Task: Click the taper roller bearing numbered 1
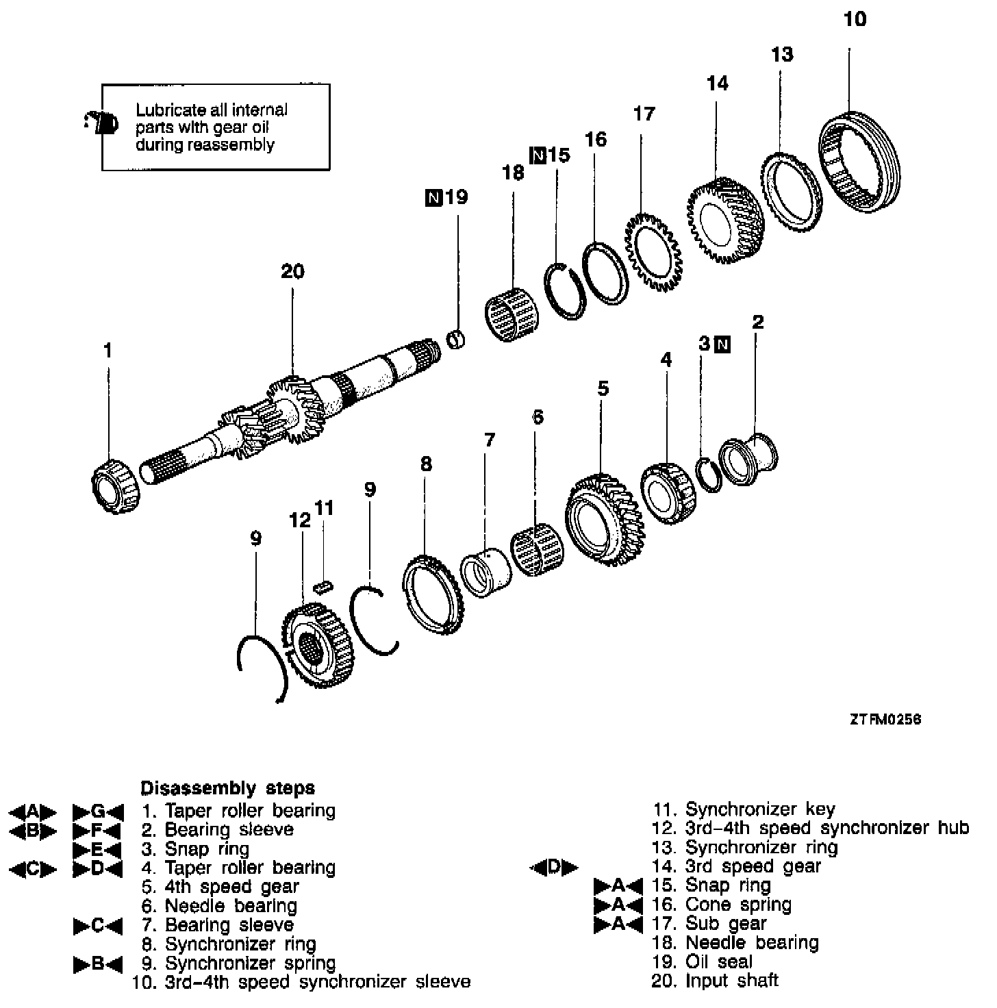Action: (114, 486)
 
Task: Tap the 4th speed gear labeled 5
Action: (602, 518)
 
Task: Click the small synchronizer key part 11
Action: (323, 585)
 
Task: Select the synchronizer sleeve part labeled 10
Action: (859, 162)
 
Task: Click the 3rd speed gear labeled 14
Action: (722, 220)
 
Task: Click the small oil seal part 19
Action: (455, 339)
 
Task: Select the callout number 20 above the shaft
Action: (292, 272)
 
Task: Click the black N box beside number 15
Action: (538, 156)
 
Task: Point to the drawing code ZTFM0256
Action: (885, 720)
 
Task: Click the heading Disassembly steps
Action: (227, 787)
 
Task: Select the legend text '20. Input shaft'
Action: (715, 981)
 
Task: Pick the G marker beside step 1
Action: (98, 812)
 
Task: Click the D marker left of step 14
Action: (554, 868)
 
